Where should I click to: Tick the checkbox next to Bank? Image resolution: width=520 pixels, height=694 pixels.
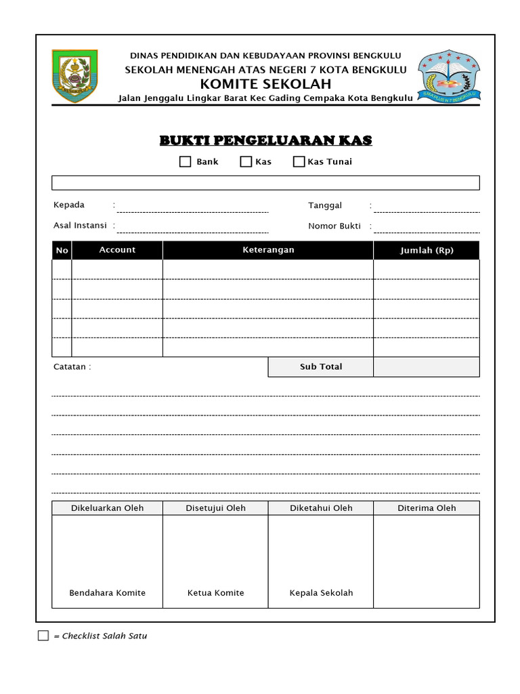[185, 162]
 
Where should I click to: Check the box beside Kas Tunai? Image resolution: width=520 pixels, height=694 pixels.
[299, 162]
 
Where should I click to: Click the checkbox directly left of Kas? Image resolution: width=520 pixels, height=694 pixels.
[246, 162]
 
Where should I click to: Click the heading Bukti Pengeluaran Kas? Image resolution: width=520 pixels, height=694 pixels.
[265, 140]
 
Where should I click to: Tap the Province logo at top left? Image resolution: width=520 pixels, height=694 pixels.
[74, 75]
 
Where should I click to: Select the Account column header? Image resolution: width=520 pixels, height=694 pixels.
[117, 250]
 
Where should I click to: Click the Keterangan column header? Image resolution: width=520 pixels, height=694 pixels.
[268, 250]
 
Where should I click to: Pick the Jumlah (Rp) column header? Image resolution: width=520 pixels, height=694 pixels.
[427, 250]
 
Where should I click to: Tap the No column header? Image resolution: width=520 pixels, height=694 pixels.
[62, 251]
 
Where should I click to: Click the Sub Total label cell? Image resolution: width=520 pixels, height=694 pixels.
[321, 367]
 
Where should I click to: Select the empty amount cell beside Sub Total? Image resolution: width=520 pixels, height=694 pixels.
[427, 367]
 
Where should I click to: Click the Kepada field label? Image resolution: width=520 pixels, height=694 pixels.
[69, 205]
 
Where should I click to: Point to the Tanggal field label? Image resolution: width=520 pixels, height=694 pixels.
[325, 205]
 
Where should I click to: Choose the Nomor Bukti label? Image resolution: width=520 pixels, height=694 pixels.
[334, 226]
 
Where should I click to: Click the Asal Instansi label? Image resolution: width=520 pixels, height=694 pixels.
[80, 226]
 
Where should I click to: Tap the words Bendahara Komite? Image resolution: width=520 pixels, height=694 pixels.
[108, 593]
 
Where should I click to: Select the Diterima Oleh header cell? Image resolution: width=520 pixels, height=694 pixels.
[427, 508]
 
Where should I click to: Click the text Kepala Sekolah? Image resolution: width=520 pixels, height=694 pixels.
[321, 593]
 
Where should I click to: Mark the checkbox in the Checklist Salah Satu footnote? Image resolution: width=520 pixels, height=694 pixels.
[43, 636]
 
